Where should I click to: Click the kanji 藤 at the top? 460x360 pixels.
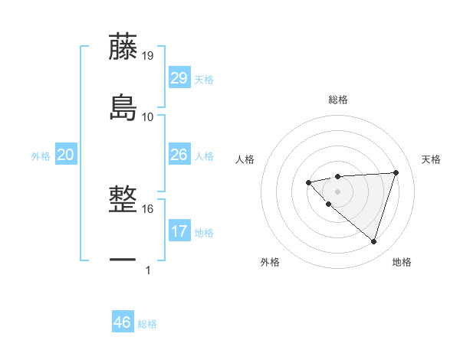coord(123,47)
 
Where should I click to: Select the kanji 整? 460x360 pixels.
coord(123,200)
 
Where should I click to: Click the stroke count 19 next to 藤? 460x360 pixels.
coord(148,56)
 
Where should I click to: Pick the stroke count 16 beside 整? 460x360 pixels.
coord(148,208)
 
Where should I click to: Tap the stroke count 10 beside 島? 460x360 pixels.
coord(148,116)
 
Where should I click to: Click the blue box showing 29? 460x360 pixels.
coord(179,78)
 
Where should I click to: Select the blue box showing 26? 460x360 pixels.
coord(179,155)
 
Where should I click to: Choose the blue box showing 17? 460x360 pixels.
coord(179,231)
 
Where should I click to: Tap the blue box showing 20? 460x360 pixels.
coord(65,155)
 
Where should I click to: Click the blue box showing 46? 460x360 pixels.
coord(122,322)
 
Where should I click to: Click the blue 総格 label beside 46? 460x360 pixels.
coord(147,323)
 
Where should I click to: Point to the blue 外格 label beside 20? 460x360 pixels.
coord(41,156)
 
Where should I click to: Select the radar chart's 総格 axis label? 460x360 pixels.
coord(338,100)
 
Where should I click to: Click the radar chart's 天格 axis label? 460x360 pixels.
coord(431,159)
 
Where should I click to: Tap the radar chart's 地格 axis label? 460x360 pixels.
coord(402,262)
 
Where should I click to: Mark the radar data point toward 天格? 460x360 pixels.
coord(396,172)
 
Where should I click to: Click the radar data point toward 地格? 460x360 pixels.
coord(373,241)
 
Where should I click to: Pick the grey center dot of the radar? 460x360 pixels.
coord(337,191)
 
